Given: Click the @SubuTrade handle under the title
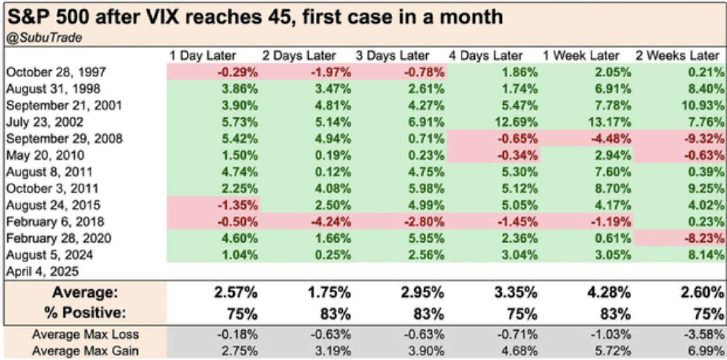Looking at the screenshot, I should [x=44, y=38].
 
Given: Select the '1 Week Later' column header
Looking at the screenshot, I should [x=581, y=56].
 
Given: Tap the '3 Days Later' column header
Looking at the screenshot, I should [x=392, y=56].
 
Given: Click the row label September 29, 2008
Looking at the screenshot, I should [x=64, y=139].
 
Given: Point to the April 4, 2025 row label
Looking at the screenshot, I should [x=42, y=271].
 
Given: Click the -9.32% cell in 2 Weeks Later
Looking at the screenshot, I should [x=704, y=139].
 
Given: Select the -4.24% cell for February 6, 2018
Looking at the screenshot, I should [x=331, y=222].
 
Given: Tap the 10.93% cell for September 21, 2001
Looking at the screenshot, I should [x=703, y=106].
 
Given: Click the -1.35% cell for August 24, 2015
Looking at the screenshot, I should [x=237, y=205].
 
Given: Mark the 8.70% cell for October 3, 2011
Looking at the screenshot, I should [x=613, y=189].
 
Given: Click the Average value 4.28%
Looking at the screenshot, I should [x=609, y=293].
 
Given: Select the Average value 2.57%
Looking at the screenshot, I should [x=236, y=293].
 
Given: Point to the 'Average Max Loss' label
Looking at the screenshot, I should [x=85, y=335].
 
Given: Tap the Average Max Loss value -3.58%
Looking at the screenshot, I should [x=704, y=335].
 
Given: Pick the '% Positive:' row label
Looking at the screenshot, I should [x=85, y=313].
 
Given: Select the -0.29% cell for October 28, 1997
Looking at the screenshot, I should [x=237, y=72].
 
